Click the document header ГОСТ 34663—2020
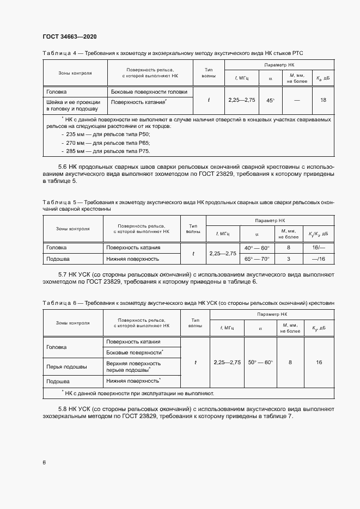coord(69,36)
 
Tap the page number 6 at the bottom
coord(44,463)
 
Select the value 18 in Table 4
coord(323,100)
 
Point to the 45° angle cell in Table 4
coord(270,101)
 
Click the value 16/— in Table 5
coord(319,248)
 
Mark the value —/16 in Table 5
coord(319,259)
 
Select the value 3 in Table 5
coord(289,259)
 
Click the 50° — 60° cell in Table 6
coord(260,362)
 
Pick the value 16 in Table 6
coord(319,362)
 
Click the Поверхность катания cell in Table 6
coord(133,342)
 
